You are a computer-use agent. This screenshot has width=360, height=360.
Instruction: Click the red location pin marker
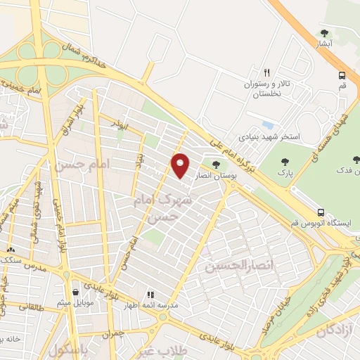(180, 166)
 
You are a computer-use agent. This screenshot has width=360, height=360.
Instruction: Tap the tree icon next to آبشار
(324, 32)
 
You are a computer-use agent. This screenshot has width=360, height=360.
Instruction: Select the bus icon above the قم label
(342, 75)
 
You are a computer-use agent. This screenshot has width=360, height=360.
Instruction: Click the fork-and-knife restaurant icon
(266, 72)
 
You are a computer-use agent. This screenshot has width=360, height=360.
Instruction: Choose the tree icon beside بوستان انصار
(216, 166)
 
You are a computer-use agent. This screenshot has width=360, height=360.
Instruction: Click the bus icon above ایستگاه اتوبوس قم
(321, 212)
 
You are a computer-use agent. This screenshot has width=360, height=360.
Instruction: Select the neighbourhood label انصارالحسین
(229, 266)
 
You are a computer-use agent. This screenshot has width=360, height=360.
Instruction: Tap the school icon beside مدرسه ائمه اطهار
(150, 295)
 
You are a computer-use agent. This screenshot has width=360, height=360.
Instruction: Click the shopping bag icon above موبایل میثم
(75, 292)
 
